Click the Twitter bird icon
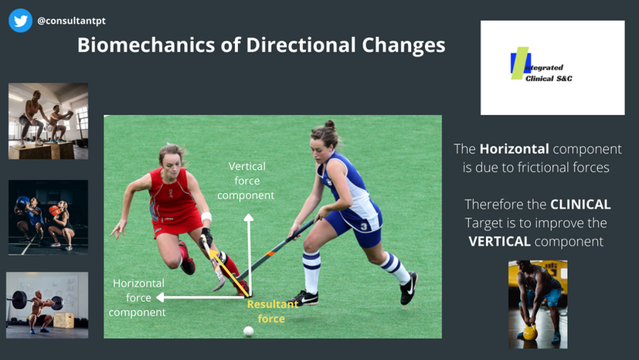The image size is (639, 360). click(20, 20)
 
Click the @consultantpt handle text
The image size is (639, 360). click(71, 21)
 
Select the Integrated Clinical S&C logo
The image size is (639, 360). click(541, 64)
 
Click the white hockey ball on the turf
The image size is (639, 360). click(248, 331)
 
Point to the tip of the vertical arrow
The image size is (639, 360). click(249, 214)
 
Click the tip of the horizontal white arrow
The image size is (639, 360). click(157, 297)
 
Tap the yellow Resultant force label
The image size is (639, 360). click(272, 311)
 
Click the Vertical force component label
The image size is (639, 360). click(246, 181)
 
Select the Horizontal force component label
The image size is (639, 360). click(138, 297)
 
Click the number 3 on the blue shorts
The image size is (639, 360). click(364, 226)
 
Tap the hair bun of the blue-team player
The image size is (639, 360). click(329, 124)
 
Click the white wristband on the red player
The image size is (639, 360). click(206, 216)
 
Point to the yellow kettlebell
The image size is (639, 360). click(529, 332)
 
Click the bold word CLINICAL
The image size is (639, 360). click(580, 205)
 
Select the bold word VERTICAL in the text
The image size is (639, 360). click(499, 242)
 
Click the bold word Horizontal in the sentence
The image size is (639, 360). click(515, 149)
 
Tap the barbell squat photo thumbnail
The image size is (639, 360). click(47, 305)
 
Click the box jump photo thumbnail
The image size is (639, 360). click(48, 121)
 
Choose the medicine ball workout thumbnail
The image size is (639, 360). click(48, 217)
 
